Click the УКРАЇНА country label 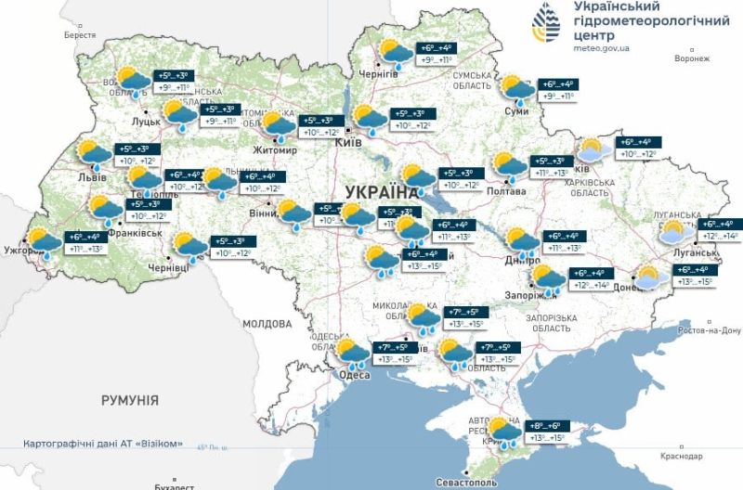pos(382,192)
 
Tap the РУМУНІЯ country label pos(130,400)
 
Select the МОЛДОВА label pos(267,324)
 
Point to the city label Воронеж pos(691,58)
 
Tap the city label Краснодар pos(683,456)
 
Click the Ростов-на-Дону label pos(710,329)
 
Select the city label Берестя pos(80,34)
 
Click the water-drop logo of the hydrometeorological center pos(546,21)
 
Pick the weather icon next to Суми pos(516,89)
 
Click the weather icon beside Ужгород pos(45,242)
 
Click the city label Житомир pos(275,150)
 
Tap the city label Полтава pos(506,191)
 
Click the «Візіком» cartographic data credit pos(103,444)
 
